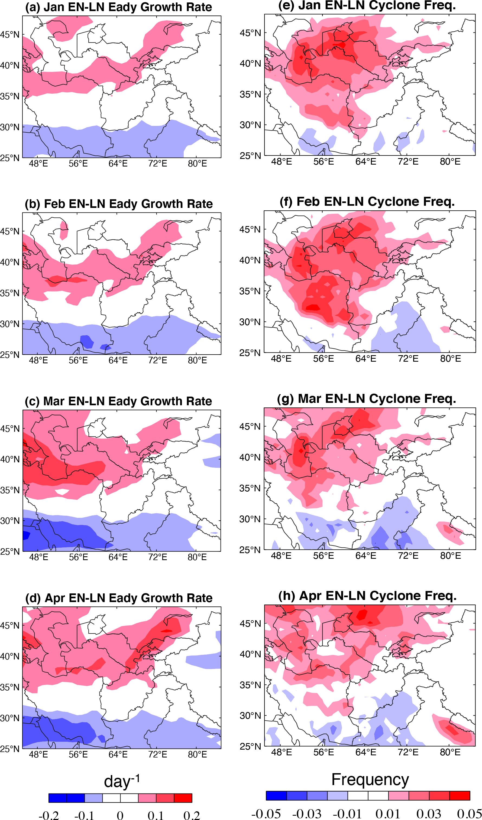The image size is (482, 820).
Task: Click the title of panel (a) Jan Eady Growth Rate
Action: (119, 7)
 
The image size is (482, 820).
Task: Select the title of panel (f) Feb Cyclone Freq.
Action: (367, 202)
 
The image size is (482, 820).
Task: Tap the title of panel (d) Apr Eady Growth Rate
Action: (119, 598)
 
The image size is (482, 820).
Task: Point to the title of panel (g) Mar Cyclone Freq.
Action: (366, 398)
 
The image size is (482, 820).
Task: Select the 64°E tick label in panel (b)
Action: (118, 360)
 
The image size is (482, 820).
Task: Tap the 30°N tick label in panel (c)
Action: (10, 521)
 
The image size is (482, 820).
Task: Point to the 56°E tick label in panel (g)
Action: (324, 556)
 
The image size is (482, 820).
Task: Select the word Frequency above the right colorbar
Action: (370, 780)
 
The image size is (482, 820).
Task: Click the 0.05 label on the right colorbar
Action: (469, 814)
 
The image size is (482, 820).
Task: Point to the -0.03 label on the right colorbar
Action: (307, 814)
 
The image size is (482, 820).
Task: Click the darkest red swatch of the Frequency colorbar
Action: (460, 795)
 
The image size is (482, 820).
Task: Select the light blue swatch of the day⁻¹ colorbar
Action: (93, 798)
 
